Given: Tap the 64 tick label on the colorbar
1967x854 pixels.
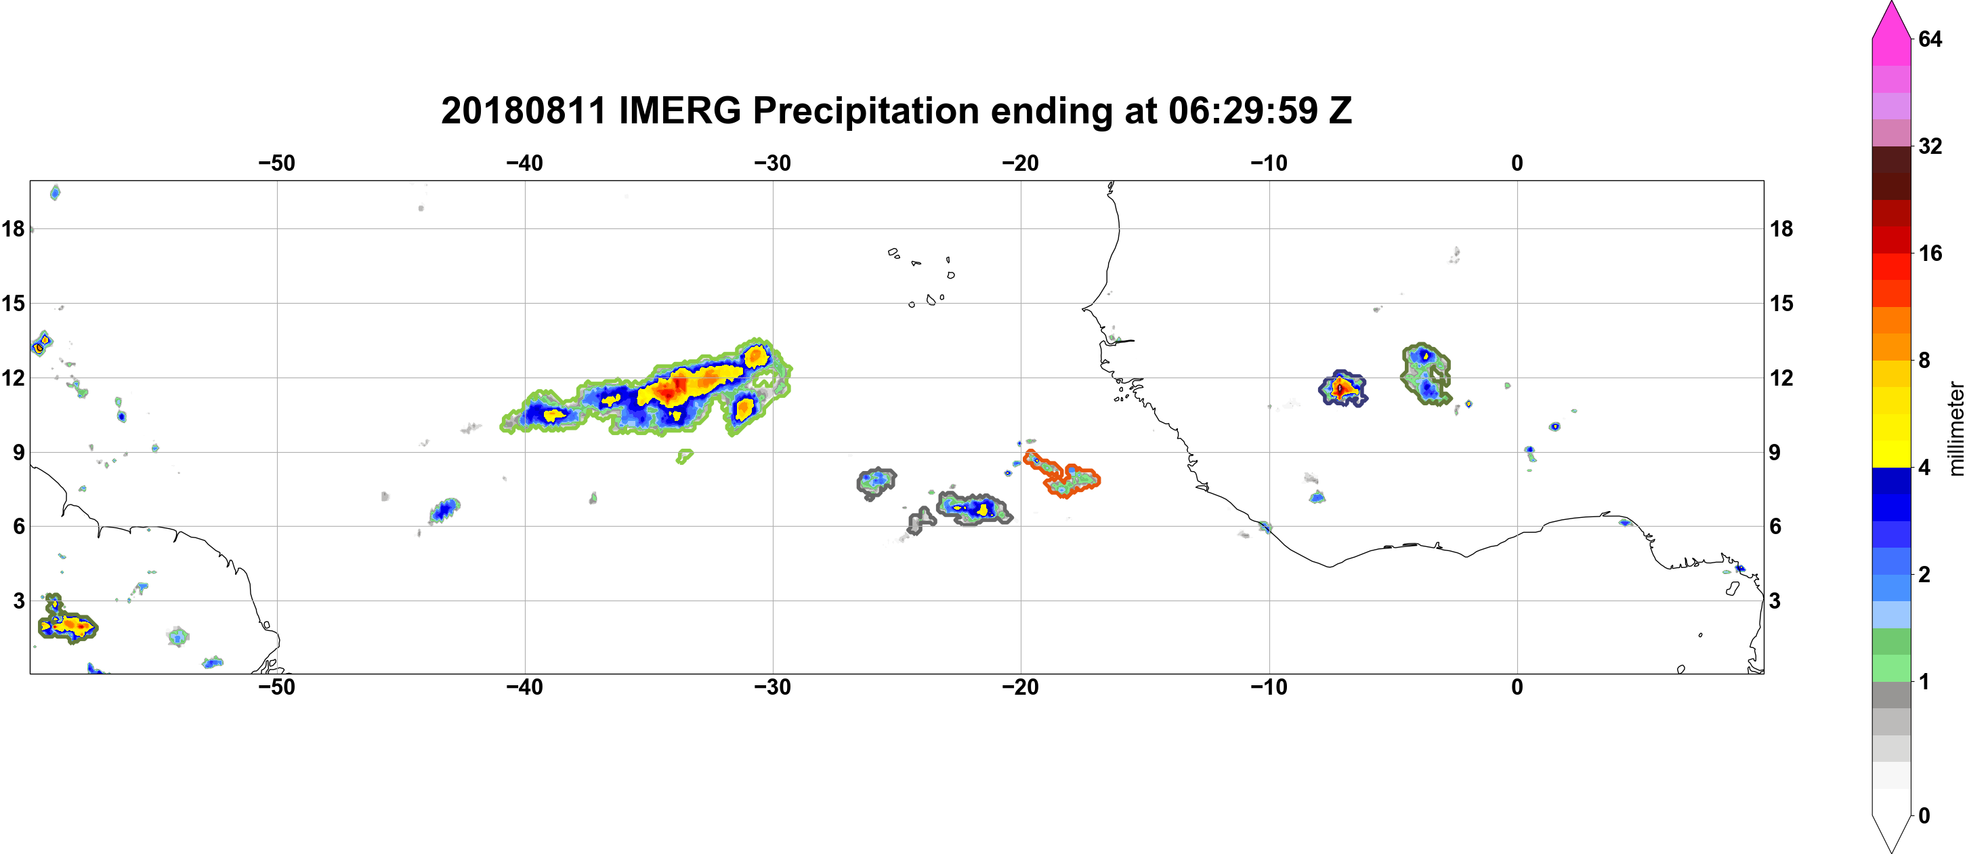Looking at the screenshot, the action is [x=1930, y=39].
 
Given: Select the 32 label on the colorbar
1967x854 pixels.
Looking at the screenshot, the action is [x=1930, y=146].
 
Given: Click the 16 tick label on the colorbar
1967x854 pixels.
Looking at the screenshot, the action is [x=1930, y=253].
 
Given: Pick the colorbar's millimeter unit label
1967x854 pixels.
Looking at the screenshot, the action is [x=1955, y=428].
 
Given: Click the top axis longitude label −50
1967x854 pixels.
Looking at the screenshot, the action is [x=276, y=163].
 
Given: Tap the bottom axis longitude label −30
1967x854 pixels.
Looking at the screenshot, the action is [x=773, y=687].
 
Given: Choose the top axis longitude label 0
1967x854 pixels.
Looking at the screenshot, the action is [x=1517, y=163].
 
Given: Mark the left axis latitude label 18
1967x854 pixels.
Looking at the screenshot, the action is [x=13, y=228].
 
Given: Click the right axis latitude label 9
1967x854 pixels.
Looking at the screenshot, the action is [x=1775, y=452].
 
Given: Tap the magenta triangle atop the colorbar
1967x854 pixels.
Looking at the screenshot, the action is [x=1891, y=20].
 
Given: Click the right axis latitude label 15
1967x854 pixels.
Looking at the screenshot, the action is [x=1781, y=303].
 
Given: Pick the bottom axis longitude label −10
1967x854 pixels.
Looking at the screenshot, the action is [x=1269, y=687].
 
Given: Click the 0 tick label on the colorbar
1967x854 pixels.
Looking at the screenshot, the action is [x=1924, y=816].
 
